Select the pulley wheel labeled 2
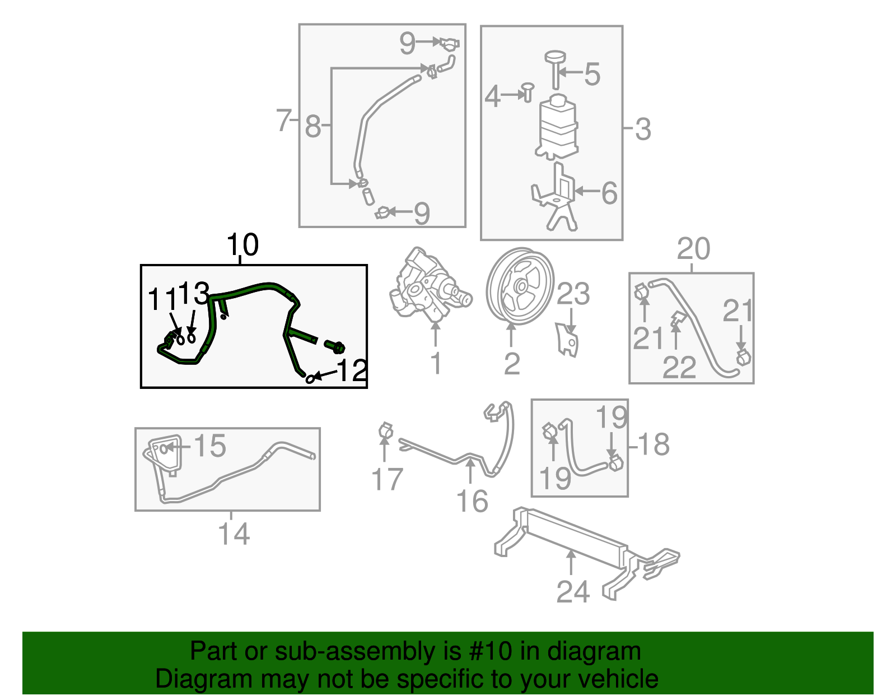pos(520,286)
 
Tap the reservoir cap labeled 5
pos(555,58)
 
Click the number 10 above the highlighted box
pos(242,245)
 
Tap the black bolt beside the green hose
pos(335,346)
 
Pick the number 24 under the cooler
pos(573,591)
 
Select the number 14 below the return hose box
pos(234,534)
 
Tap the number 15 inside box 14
pos(210,446)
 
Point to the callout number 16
pos(472,501)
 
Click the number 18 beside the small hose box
pos(654,444)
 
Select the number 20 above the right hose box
pos(693,248)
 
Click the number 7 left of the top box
pos(283,120)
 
